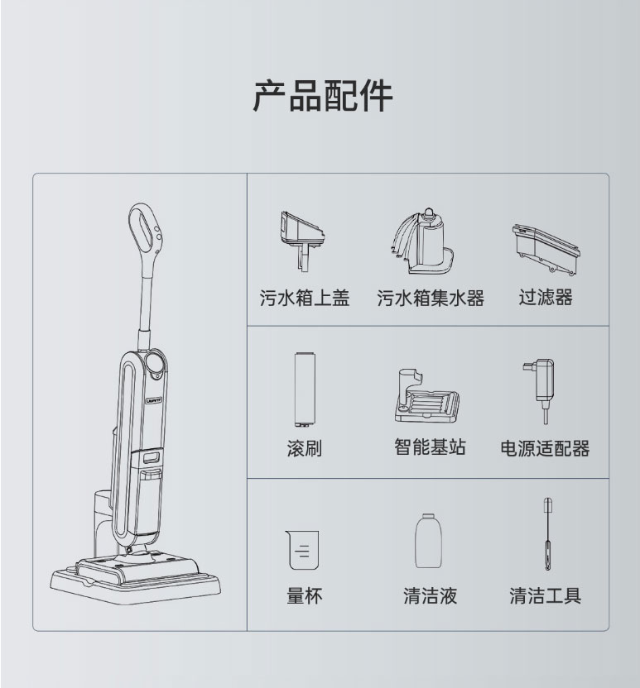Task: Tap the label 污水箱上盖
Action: coord(305,299)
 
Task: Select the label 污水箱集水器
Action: coord(431,299)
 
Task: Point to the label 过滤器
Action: coord(546,298)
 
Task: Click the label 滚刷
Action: coord(304,448)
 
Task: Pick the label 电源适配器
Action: coord(545,448)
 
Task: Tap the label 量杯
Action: coord(304,595)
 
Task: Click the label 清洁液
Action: coord(430,595)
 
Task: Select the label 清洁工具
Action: coord(545,595)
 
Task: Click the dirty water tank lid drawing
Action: coord(302,235)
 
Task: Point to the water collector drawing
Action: coord(428,240)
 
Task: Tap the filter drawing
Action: coord(546,246)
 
